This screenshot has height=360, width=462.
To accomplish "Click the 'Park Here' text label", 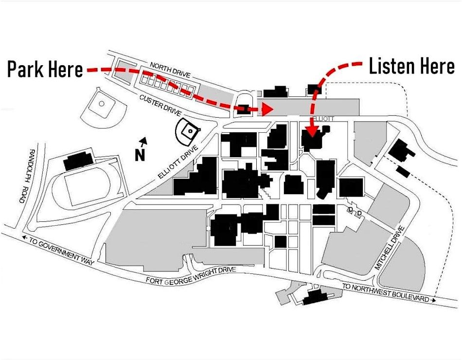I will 45,70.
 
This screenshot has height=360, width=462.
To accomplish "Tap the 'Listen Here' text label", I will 411,67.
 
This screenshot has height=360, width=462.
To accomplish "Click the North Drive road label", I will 170,70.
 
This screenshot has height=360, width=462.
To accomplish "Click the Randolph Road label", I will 25,176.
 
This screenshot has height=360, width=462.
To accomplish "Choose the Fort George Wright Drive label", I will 191,276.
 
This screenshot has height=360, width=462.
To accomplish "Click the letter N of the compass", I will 140,155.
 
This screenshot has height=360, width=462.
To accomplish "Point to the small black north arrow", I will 143,142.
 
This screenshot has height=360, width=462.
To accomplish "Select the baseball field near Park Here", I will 102,105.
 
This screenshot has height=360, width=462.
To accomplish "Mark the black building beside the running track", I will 78,159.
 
